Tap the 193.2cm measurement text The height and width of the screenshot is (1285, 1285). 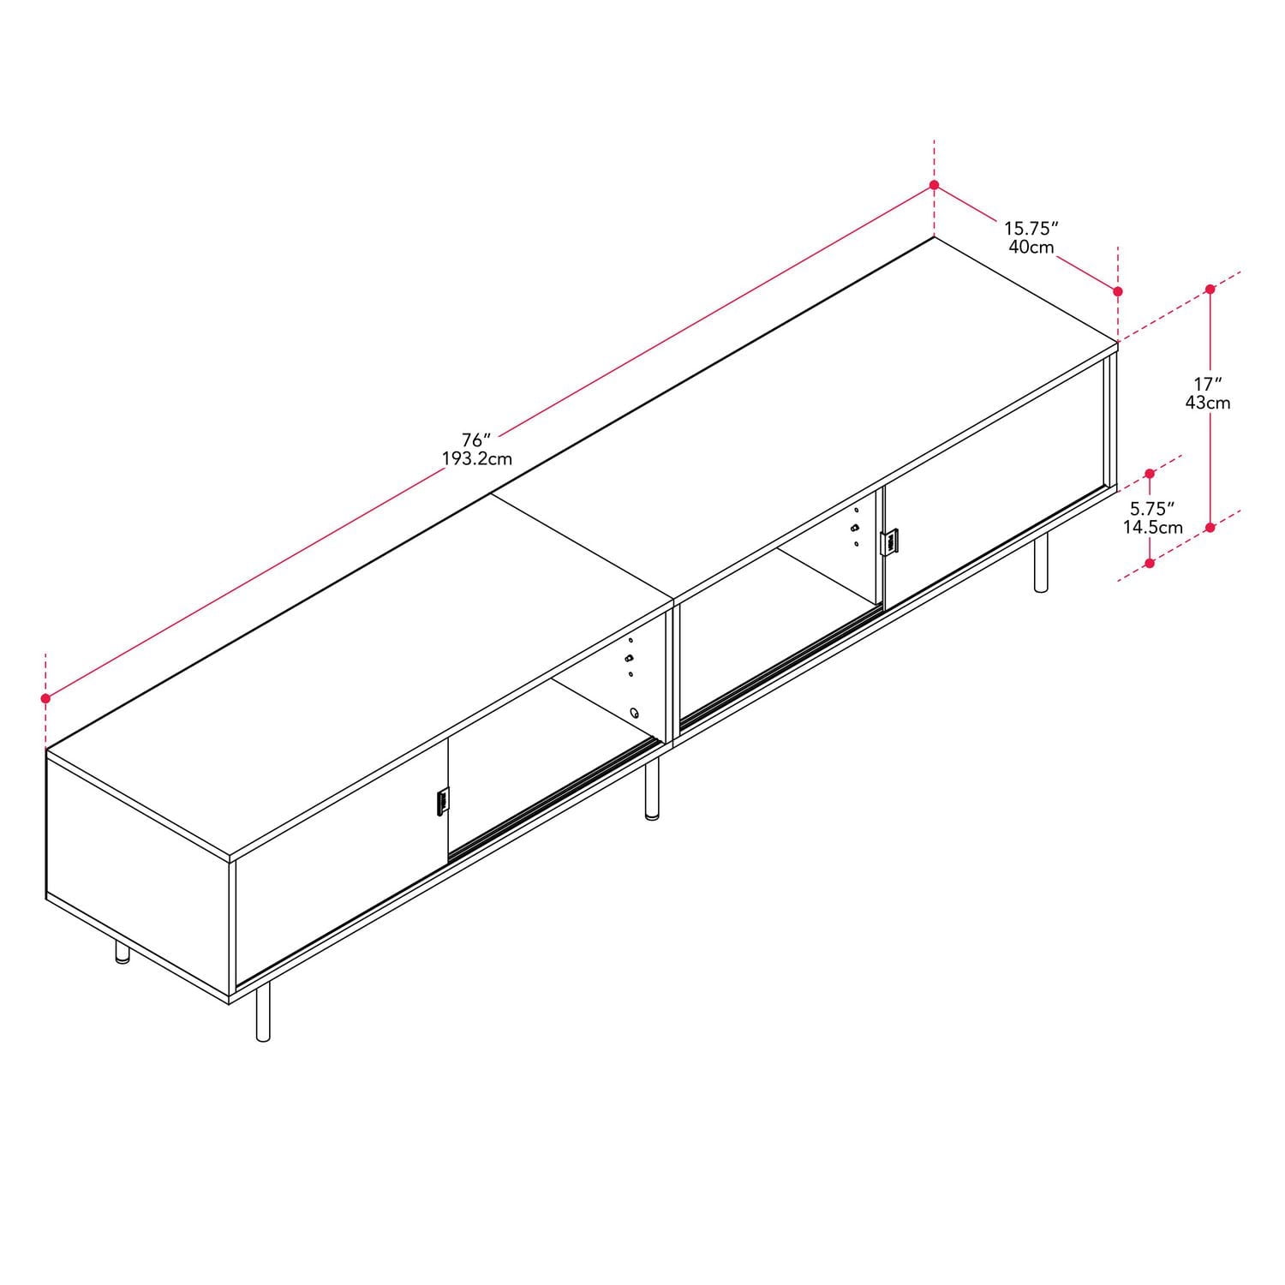[x=477, y=459]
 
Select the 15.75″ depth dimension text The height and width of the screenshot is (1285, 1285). [x=1031, y=229]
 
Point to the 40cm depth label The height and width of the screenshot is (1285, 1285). [x=1031, y=248]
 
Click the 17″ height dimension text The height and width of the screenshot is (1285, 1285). [x=1207, y=384]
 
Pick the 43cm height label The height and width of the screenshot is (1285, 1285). [x=1208, y=403]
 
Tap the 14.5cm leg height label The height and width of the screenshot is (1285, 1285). [x=1153, y=528]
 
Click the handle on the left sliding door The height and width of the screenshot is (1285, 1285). [x=441, y=800]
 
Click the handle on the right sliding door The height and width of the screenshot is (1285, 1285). [x=890, y=541]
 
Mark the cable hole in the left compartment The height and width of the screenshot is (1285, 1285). [x=634, y=712]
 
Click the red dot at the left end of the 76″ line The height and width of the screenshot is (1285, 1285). [x=46, y=698]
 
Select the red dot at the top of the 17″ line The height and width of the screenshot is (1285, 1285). [x=1210, y=290]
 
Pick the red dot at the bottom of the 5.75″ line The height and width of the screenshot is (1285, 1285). [x=1150, y=563]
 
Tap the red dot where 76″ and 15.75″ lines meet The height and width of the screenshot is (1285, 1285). [x=935, y=185]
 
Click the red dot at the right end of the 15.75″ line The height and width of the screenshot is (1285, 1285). [x=1118, y=292]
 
